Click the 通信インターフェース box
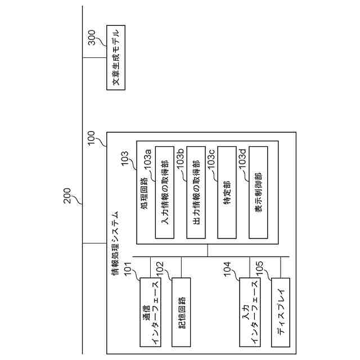click(x=150, y=312)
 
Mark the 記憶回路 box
click(x=181, y=312)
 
